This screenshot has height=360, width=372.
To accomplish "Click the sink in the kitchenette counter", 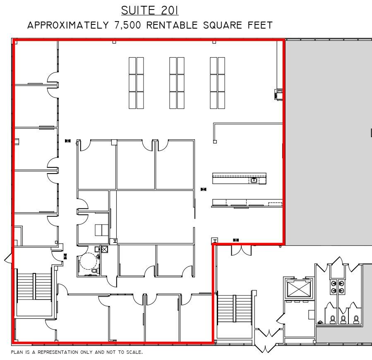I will coord(253,180).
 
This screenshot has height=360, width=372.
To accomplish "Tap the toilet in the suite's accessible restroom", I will coord(94,271).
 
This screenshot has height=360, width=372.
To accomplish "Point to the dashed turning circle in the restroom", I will coord(87,262).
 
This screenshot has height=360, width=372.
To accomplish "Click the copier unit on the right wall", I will coord(279,94).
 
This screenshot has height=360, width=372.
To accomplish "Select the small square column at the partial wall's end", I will coord(215,142).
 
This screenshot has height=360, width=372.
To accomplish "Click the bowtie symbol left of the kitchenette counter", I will coord(203,189).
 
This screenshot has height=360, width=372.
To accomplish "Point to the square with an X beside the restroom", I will coord(104,249).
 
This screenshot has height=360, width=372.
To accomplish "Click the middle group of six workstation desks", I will coord(177,83).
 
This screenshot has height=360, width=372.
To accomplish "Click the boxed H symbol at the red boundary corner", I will coord(214,241).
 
